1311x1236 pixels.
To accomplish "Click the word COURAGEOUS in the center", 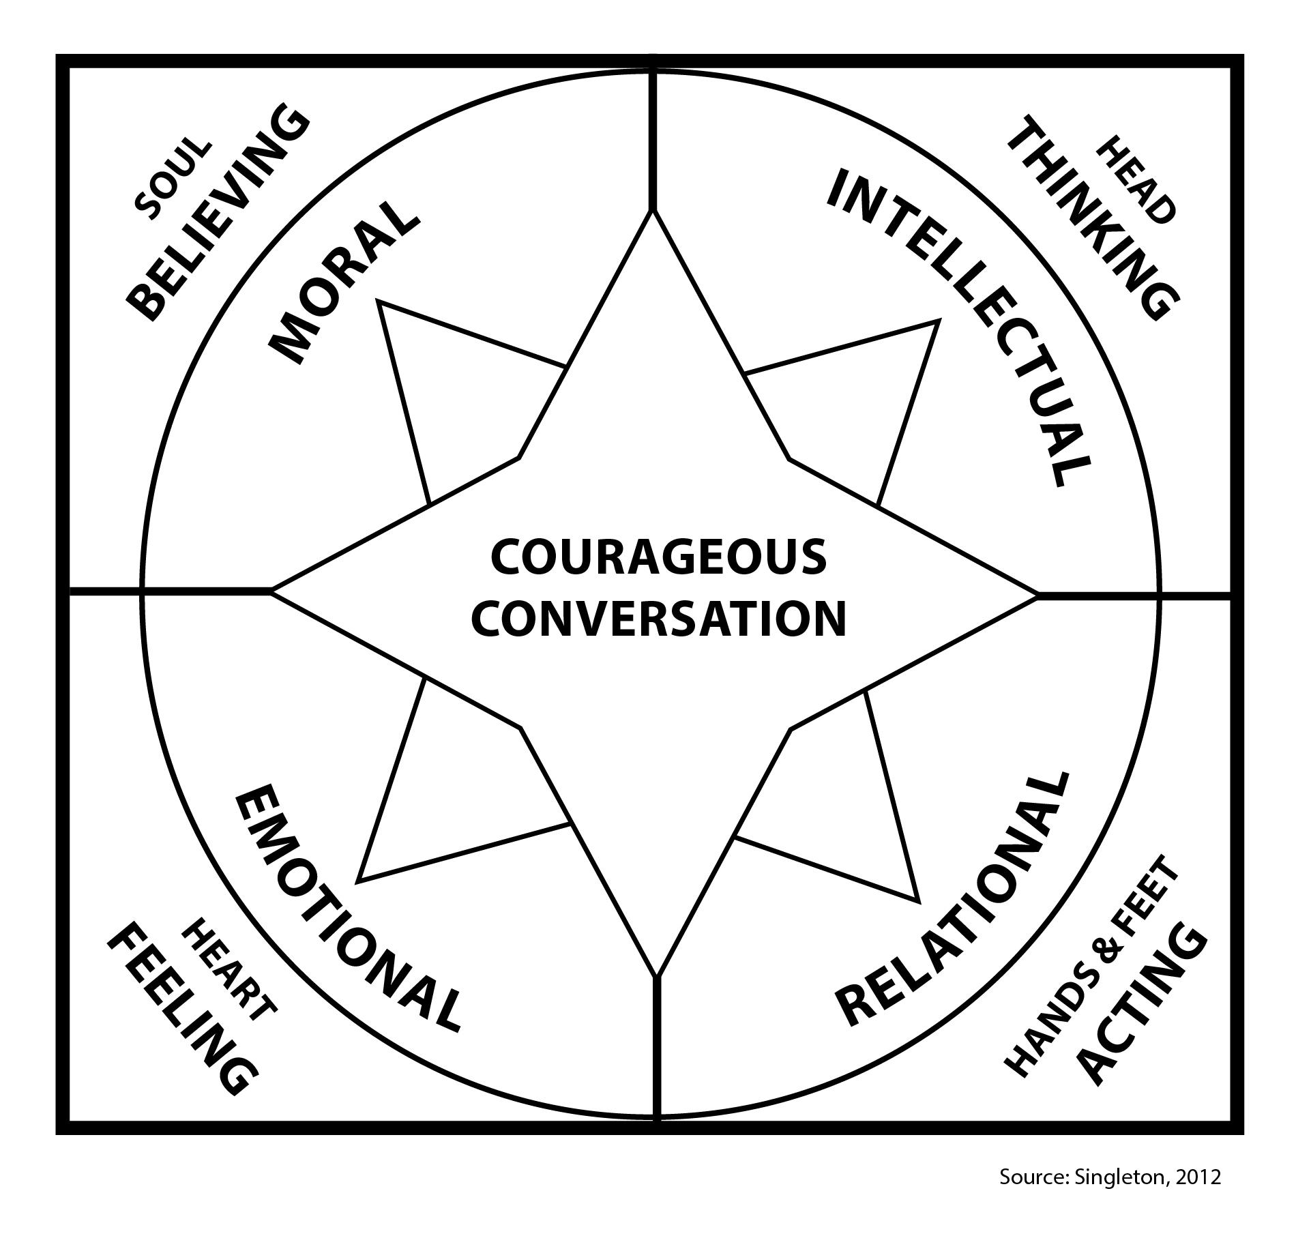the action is (x=659, y=556).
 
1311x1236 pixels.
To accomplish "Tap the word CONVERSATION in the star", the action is (x=659, y=618).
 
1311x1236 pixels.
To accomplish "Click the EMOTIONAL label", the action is (x=348, y=907).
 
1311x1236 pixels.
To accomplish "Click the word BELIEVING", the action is (x=218, y=211).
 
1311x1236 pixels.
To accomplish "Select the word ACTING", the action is (x=1140, y=1013).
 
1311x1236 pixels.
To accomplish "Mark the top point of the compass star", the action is (x=653, y=211).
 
